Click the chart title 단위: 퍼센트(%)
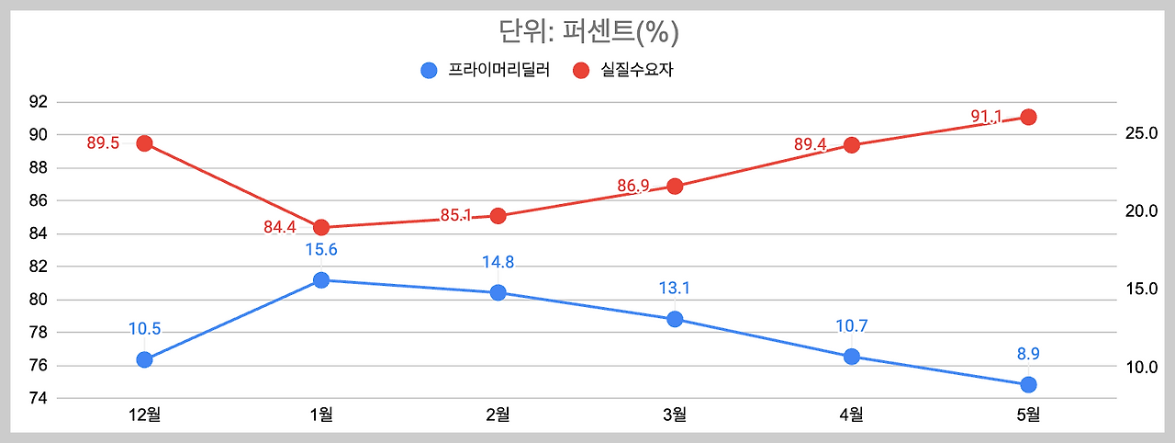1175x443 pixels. tap(587, 32)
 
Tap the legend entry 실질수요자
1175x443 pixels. tap(623, 70)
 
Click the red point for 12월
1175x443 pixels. tap(144, 143)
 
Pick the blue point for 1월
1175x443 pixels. tap(321, 280)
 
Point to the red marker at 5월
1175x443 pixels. tap(1028, 117)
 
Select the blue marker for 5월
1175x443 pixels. tap(1028, 384)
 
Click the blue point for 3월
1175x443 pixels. tap(675, 319)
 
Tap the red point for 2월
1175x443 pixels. tap(498, 216)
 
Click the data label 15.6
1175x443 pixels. tap(321, 249)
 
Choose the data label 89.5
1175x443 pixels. tap(103, 143)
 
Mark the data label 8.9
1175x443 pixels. tap(1028, 353)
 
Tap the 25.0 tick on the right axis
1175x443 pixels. tap(1140, 134)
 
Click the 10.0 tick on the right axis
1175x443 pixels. tap(1140, 368)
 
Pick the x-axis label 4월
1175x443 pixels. tap(851, 415)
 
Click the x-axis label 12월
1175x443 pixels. tap(144, 415)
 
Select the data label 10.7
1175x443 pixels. tap(851, 325)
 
